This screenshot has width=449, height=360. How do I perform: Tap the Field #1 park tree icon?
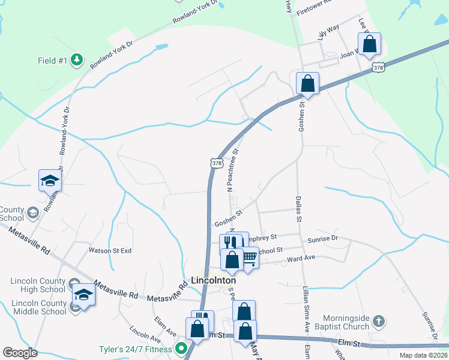76,59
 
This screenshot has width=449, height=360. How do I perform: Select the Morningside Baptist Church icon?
378,321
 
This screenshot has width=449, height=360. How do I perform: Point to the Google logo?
20,353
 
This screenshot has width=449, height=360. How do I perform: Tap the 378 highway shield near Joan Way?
378,68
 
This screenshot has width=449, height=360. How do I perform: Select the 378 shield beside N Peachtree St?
217,163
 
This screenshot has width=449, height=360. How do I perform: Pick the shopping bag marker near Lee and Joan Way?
369,43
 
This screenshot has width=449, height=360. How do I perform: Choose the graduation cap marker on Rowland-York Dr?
50,180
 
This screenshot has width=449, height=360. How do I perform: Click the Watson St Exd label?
110,250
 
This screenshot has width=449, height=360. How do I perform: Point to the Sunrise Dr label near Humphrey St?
323,238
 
